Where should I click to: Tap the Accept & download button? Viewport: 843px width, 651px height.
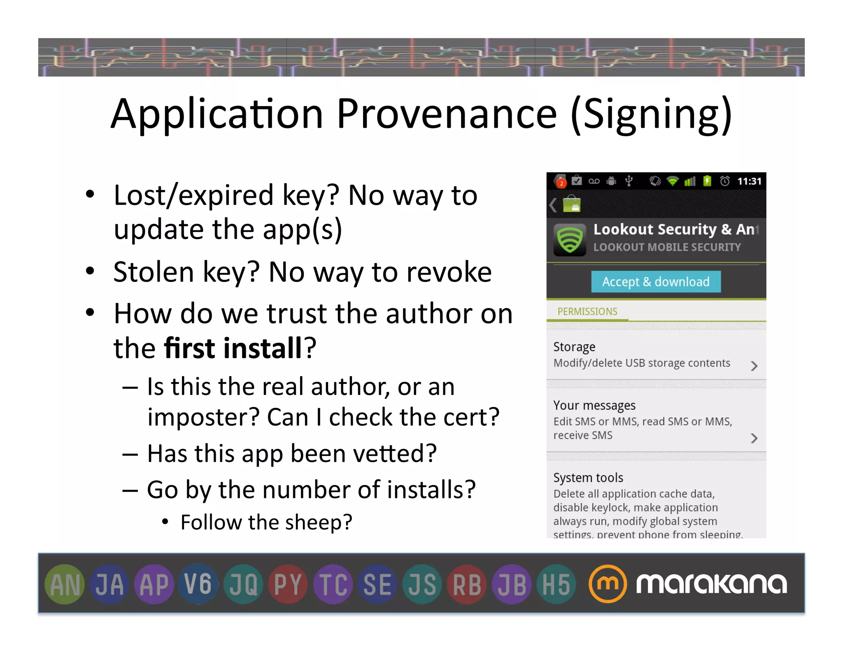click(656, 282)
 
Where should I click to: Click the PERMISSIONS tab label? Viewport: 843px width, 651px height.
click(587, 312)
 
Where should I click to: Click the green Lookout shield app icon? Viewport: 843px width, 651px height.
click(570, 240)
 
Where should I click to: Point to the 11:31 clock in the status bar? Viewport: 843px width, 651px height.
click(749, 181)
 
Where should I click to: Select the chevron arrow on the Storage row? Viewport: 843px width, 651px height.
click(754, 366)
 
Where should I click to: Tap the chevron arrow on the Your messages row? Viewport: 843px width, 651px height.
click(754, 438)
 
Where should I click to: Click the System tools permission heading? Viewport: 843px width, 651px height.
click(588, 478)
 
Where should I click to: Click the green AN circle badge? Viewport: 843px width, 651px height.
click(65, 584)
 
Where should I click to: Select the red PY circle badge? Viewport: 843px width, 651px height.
click(288, 584)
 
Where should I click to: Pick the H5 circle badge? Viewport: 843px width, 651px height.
click(556, 584)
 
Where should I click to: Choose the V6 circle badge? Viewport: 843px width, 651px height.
click(198, 584)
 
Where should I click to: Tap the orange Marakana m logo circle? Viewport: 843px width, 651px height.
click(608, 584)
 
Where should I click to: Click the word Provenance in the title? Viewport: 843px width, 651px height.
click(447, 114)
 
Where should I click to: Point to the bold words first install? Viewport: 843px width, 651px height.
click(233, 348)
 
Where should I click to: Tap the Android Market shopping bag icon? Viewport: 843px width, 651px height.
click(571, 204)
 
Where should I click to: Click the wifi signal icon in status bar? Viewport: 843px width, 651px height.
click(673, 181)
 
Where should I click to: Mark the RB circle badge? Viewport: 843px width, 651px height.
click(467, 584)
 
